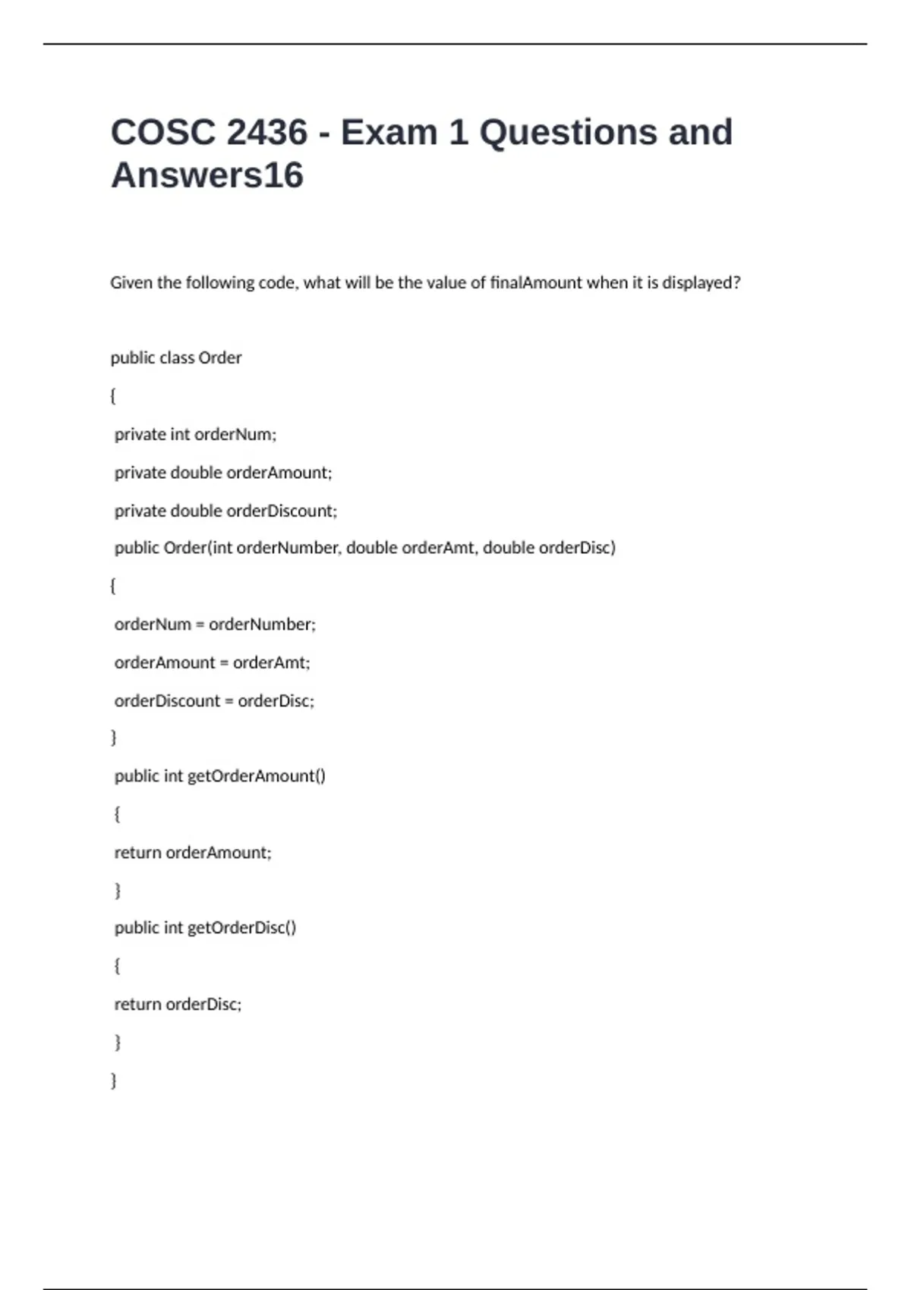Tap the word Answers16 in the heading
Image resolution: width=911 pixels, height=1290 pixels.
[207, 175]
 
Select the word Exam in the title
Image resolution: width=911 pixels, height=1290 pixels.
[389, 133]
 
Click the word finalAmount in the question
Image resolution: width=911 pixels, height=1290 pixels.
[536, 283]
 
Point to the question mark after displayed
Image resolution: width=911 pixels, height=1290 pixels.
[736, 283]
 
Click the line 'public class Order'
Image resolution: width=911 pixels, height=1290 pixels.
[176, 358]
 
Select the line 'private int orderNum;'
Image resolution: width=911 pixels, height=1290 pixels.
[195, 435]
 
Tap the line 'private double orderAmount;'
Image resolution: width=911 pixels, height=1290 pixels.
[223, 473]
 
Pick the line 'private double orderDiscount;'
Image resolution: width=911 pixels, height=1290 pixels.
[225, 511]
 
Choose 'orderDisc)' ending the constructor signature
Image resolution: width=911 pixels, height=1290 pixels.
[577, 548]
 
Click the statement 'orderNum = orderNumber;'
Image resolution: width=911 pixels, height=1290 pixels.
[215, 625]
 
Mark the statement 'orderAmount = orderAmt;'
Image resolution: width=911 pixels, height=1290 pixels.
[212, 662]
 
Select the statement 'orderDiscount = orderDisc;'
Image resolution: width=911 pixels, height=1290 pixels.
[214, 700]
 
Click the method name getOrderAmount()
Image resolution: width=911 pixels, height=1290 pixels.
[256, 776]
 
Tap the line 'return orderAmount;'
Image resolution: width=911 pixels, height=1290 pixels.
[193, 853]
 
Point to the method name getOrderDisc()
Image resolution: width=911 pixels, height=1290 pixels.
[241, 928]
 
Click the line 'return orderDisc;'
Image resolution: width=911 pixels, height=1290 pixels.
[178, 1005]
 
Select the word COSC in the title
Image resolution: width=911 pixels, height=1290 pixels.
[163, 133]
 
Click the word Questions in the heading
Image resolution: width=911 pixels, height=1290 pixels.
[568, 133]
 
